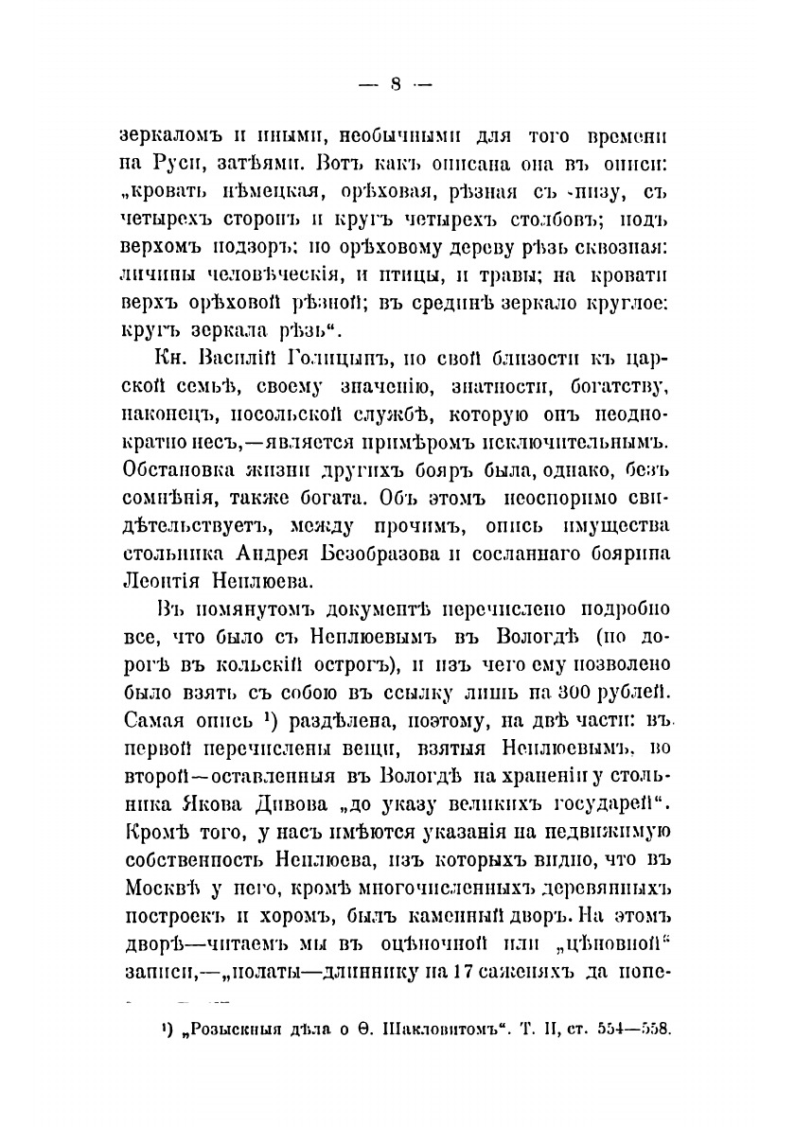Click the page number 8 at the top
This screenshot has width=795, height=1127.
pyautogui.click(x=397, y=84)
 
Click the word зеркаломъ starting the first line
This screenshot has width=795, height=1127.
pyautogui.click(x=171, y=137)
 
